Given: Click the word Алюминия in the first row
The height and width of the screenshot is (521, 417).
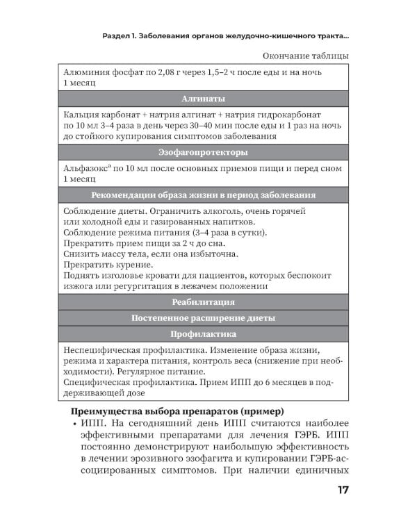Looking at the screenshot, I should point(85,72).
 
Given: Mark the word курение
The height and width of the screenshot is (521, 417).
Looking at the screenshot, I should point(132,265).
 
